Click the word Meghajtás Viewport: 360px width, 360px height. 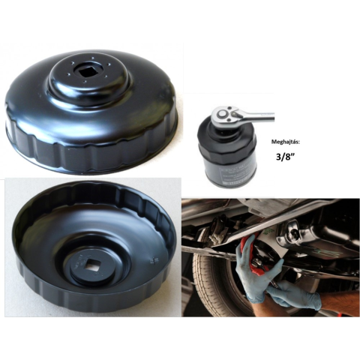[285, 142]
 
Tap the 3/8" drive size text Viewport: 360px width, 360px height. [285, 157]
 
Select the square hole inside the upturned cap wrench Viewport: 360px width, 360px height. [94, 265]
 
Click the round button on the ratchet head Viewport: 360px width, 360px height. [222, 114]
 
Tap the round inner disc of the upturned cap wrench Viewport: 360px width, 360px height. [94, 265]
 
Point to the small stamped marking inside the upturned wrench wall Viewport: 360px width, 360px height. [151, 261]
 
